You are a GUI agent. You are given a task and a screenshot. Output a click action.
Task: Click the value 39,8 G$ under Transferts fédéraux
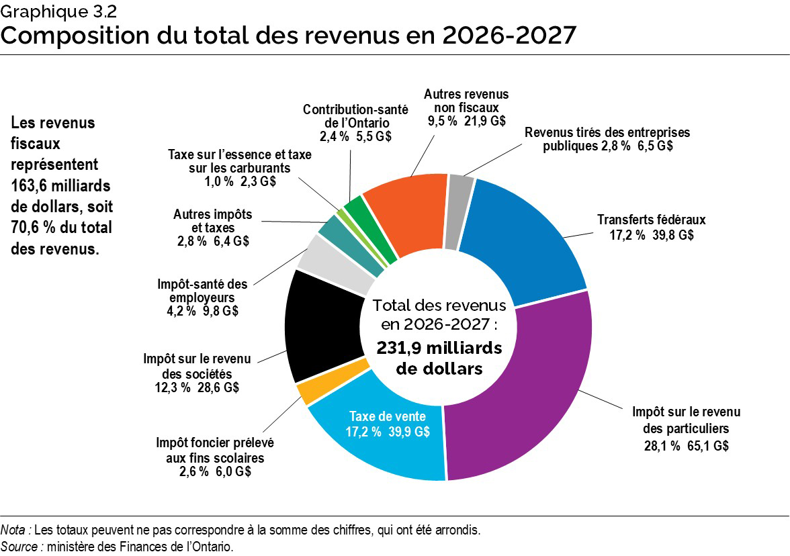pos(674,235)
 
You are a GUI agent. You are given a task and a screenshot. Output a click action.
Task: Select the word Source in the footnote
pos(20,547)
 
